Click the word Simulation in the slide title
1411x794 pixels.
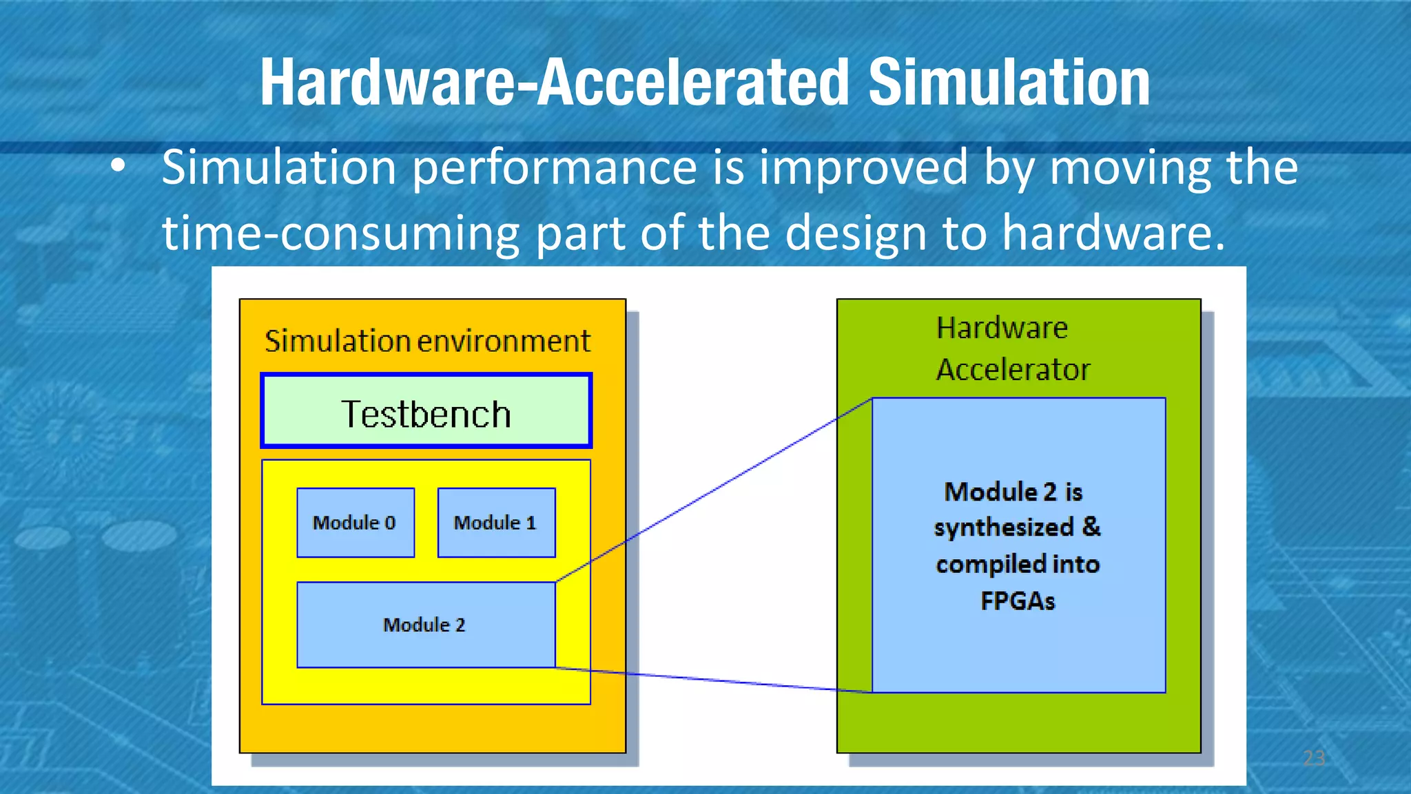coord(1009,83)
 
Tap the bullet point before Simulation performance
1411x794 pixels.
coord(119,167)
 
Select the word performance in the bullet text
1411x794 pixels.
coord(555,168)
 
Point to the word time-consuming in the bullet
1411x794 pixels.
coord(340,233)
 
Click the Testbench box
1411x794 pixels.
coord(426,412)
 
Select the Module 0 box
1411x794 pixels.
coord(356,523)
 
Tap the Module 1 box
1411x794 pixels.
coord(496,523)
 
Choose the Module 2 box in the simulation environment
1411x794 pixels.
coord(426,625)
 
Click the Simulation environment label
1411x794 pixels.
coord(427,341)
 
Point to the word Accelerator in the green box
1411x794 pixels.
coord(1013,370)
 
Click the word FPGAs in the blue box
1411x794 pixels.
coord(1018,601)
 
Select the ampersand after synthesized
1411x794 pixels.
coord(1091,527)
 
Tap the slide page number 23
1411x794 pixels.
coord(1313,758)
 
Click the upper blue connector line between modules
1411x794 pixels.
coord(713,490)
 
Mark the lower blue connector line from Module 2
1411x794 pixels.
coord(713,680)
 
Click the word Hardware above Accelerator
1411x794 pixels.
coord(1002,328)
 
